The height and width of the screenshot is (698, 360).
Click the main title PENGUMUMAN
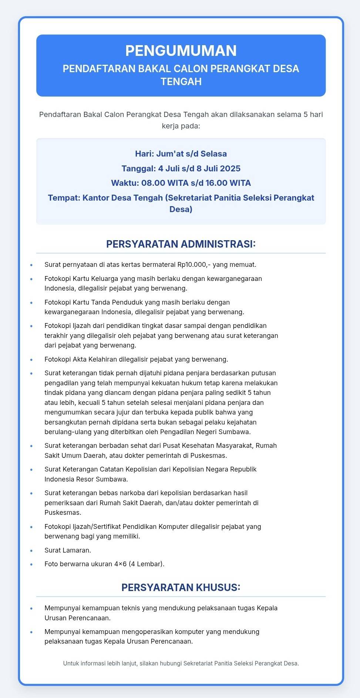(x=181, y=51)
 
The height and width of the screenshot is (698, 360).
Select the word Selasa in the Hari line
(x=213, y=154)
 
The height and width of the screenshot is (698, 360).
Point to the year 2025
(x=230, y=168)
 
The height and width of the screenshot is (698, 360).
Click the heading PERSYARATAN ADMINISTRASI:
(x=181, y=244)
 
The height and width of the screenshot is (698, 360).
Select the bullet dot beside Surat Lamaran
(x=31, y=551)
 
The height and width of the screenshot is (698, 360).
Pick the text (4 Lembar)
(x=147, y=564)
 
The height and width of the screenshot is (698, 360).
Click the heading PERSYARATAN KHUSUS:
(x=181, y=587)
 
